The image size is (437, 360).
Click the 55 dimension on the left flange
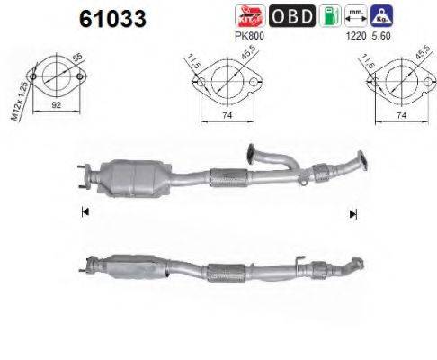(76, 61)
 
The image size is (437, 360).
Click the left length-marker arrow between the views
(85, 211)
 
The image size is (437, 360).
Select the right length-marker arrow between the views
(353, 213)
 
